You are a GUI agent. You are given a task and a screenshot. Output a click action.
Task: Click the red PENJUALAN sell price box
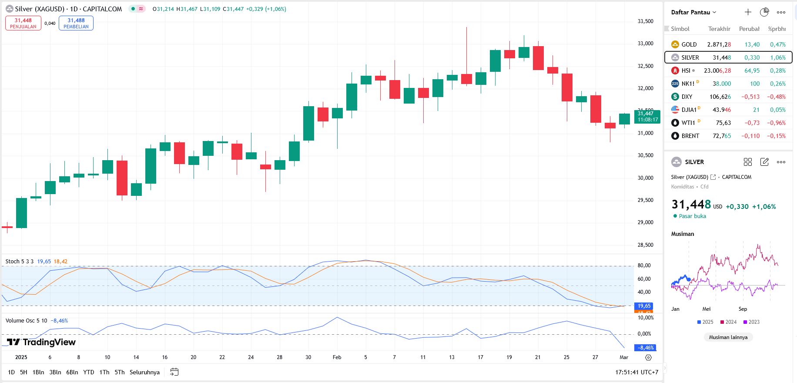[x=23, y=23]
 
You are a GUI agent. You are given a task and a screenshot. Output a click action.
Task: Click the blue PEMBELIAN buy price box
[x=76, y=23]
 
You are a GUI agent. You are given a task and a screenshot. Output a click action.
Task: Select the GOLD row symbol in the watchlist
[x=689, y=44]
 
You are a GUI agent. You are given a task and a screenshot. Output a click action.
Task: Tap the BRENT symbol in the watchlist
[x=690, y=136]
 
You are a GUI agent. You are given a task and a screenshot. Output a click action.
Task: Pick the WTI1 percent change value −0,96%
[x=776, y=123]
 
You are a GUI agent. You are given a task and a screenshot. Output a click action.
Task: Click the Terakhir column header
[x=719, y=29]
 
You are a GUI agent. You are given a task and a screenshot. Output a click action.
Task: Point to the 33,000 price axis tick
[x=645, y=44]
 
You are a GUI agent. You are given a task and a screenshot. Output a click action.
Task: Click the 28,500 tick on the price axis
[x=645, y=245]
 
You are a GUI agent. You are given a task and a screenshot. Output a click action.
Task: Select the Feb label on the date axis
[x=337, y=357]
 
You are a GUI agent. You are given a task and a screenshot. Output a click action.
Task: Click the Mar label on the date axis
[x=624, y=357]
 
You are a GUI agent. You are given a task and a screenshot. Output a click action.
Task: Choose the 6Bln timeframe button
[x=72, y=372]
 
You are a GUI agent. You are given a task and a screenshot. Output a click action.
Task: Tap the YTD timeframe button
[x=89, y=372]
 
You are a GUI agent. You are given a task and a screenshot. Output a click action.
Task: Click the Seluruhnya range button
[x=144, y=372]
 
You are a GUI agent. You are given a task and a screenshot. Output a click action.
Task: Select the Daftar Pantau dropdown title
[x=693, y=12]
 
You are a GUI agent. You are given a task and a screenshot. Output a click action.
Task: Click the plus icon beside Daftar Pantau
[x=748, y=12]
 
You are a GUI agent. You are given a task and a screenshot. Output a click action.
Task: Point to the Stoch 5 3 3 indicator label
[x=20, y=262]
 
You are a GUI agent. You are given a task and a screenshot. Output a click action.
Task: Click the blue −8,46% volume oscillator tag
[x=646, y=348]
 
